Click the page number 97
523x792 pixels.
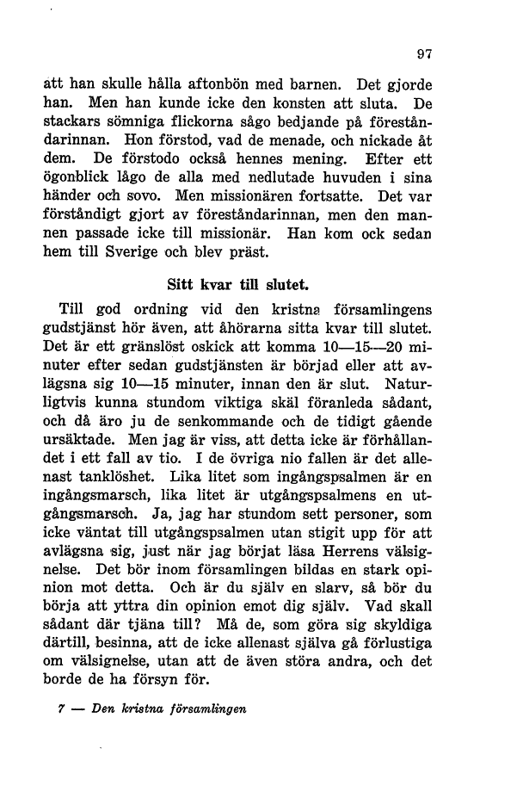coord(423,53)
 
